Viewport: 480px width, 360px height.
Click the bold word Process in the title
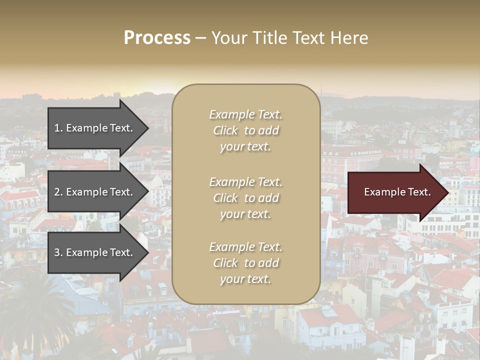click(157, 38)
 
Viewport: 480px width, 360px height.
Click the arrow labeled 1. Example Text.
click(93, 128)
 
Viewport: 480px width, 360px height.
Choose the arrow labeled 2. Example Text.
click(93, 192)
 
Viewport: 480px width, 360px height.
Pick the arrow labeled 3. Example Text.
click(93, 252)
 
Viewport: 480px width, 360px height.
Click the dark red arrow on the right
click(395, 192)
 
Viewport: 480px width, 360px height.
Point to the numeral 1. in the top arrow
click(58, 128)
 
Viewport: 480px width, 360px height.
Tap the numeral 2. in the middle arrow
click(58, 192)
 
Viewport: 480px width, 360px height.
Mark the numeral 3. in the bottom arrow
click(58, 253)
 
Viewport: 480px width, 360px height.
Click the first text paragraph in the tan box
click(245, 130)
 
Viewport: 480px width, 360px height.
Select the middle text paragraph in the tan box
click(245, 198)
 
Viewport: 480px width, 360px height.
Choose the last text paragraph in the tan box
click(245, 263)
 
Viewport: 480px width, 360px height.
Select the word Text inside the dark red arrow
click(419, 192)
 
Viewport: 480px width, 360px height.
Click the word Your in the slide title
click(228, 38)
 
